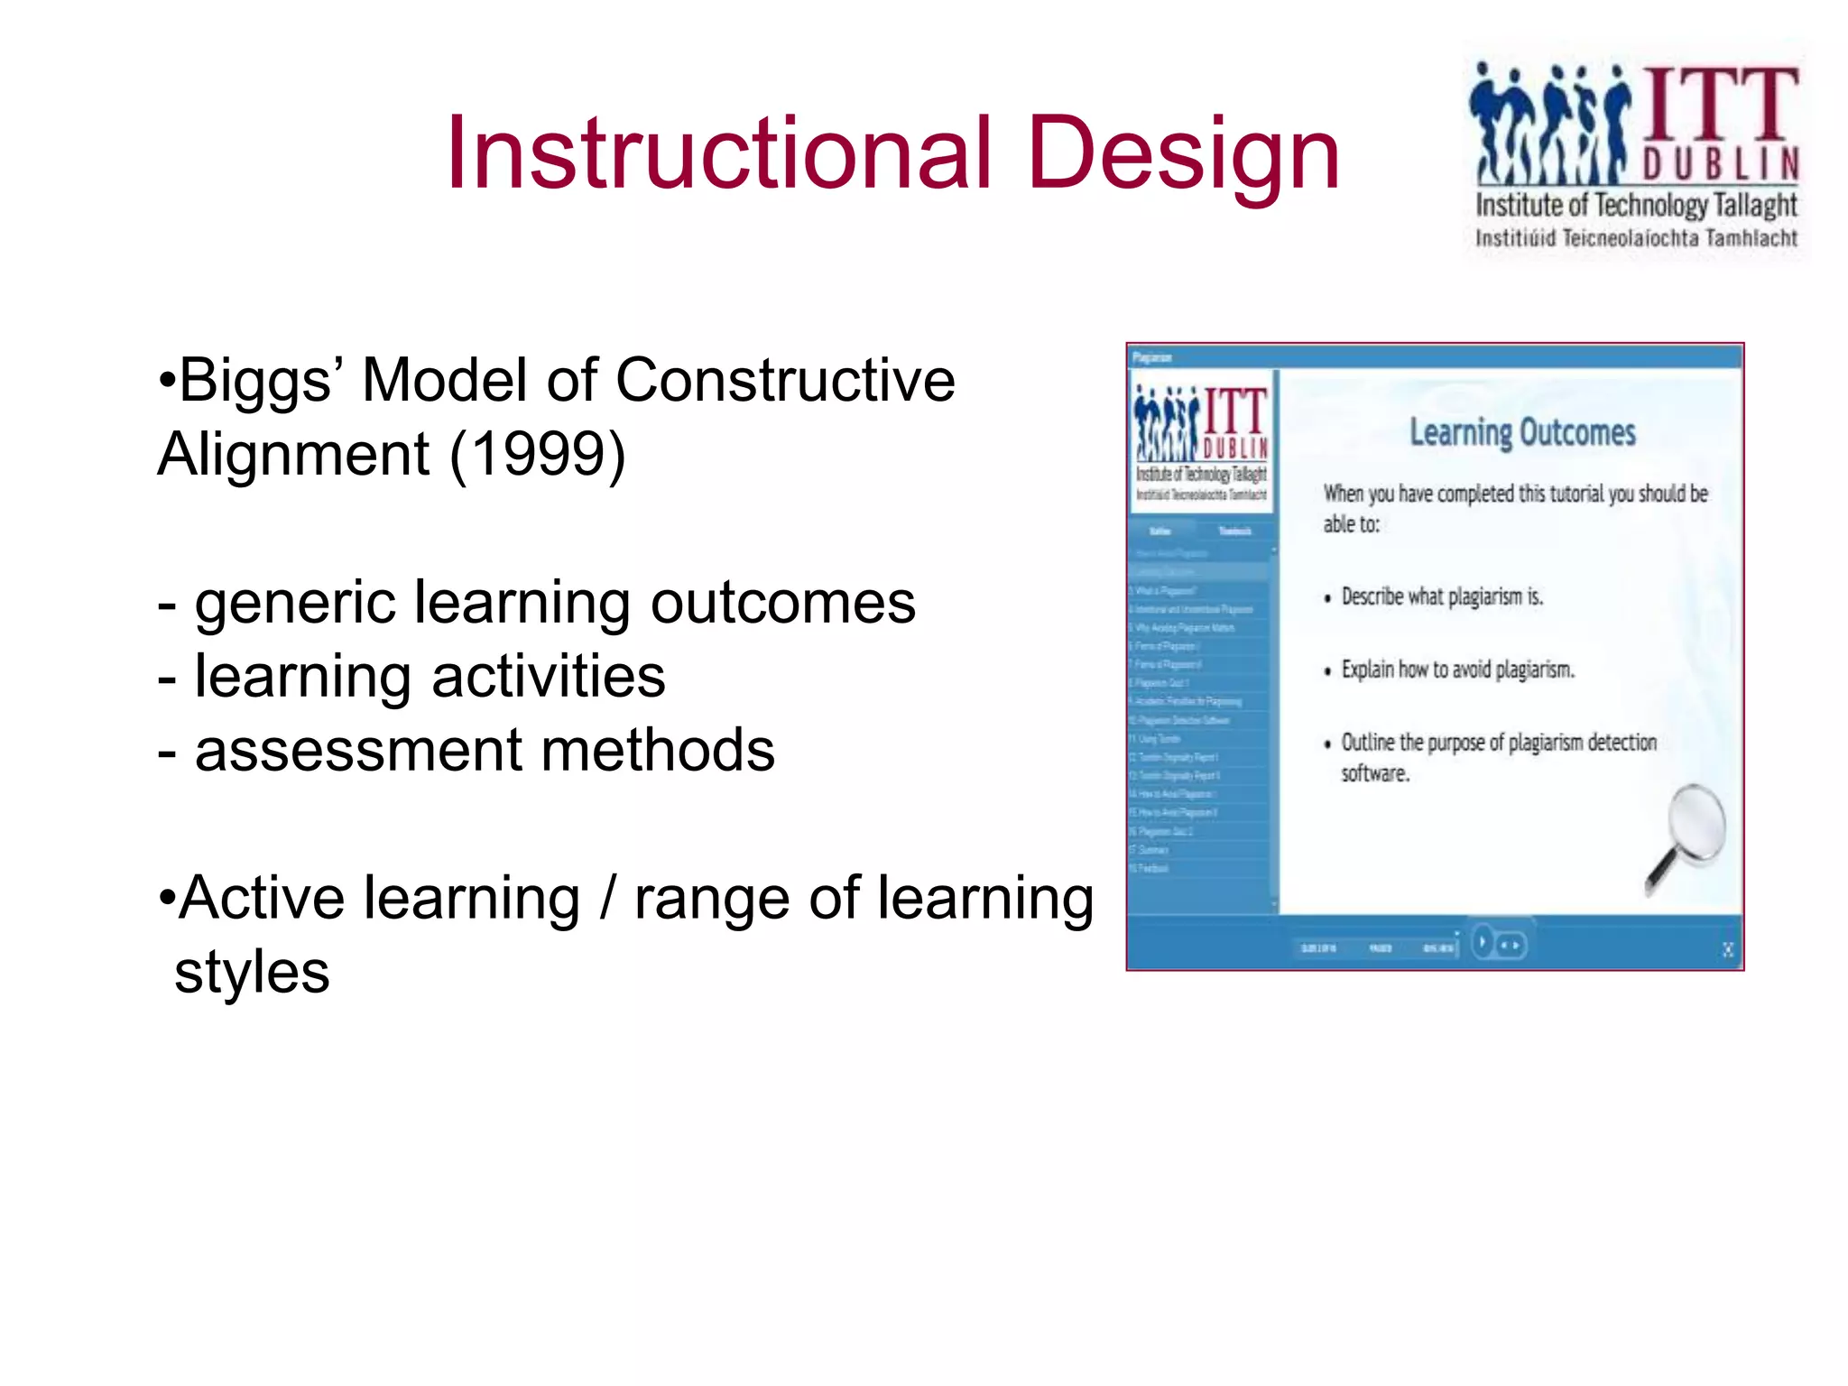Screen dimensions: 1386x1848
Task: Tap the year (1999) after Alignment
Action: [537, 454]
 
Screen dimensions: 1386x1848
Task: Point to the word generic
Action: [294, 604]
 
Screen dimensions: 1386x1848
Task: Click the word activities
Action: [548, 677]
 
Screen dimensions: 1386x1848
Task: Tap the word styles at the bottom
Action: [252, 973]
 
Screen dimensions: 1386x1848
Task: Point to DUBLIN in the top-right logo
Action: [1719, 164]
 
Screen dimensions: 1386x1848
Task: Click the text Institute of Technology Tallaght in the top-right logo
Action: [1635, 206]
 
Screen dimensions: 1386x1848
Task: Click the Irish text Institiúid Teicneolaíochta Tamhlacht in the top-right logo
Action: [1635, 238]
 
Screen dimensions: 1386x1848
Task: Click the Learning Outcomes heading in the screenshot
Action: [1522, 432]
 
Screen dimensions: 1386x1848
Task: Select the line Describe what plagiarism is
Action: [1441, 596]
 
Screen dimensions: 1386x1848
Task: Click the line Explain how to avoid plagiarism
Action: [1456, 670]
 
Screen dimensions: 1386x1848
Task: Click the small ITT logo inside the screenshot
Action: [1201, 442]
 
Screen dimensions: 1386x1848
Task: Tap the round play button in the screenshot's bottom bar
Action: [1482, 943]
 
